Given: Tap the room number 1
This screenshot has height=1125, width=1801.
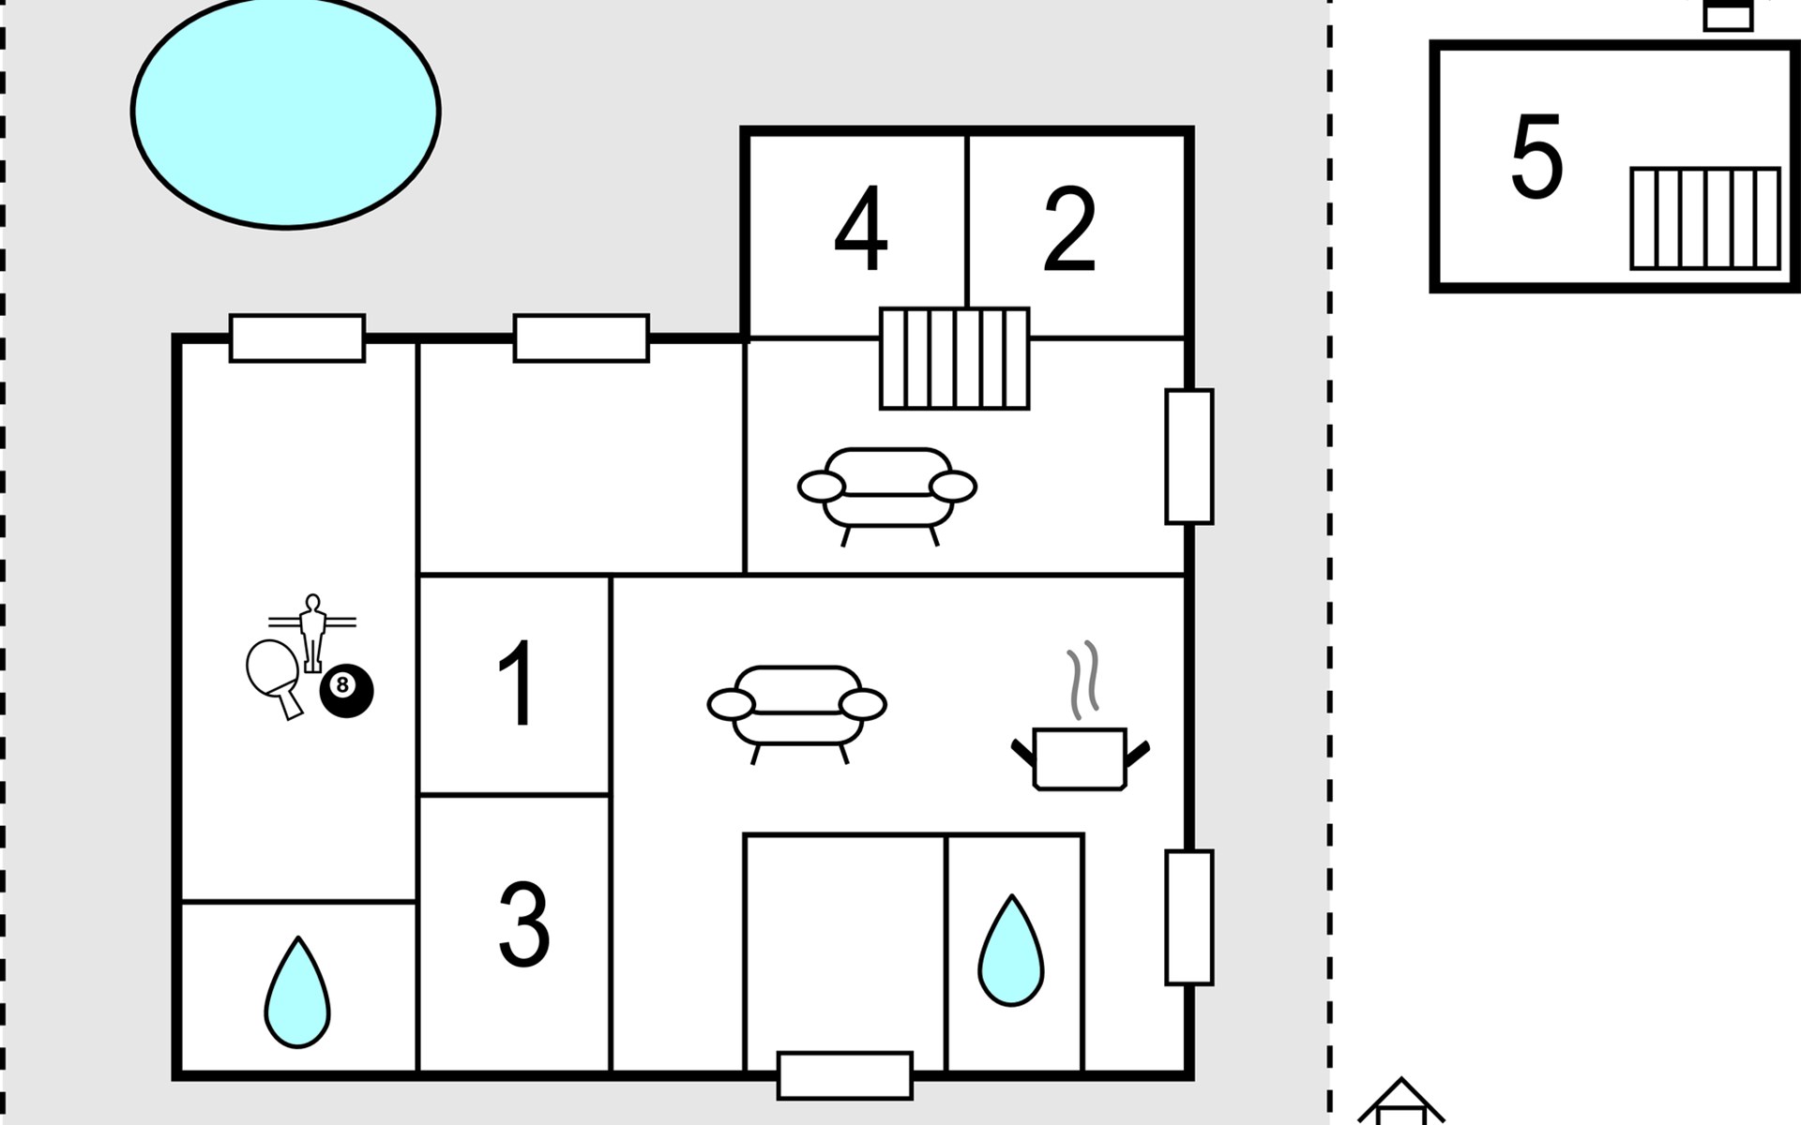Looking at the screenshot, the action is pyautogui.click(x=517, y=683).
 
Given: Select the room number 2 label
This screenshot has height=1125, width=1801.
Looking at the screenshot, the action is pyautogui.click(x=1069, y=229).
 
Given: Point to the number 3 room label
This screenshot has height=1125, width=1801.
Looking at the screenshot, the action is pyautogui.click(x=523, y=923).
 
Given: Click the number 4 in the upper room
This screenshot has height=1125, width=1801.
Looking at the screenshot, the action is pyautogui.click(x=861, y=229).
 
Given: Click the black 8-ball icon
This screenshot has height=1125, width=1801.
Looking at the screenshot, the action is pyautogui.click(x=346, y=692).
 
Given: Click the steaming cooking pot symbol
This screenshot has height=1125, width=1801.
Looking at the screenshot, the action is pyautogui.click(x=1080, y=722).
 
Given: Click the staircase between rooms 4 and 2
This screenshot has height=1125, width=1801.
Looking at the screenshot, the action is pyautogui.click(x=954, y=359).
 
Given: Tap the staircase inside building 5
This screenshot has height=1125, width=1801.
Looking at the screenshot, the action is pyautogui.click(x=1705, y=218).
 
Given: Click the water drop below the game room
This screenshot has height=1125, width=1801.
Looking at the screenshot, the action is pyautogui.click(x=297, y=992).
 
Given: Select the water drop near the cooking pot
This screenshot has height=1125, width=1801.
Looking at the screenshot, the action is pyautogui.click(x=1011, y=951).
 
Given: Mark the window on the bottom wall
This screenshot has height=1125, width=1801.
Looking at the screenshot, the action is pyautogui.click(x=845, y=1075).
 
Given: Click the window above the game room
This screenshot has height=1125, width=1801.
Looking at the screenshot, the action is pyautogui.click(x=297, y=338).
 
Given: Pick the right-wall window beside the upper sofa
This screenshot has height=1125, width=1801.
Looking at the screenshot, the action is pyautogui.click(x=1189, y=457).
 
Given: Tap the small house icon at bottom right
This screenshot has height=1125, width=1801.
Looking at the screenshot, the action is pyautogui.click(x=1401, y=1102).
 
